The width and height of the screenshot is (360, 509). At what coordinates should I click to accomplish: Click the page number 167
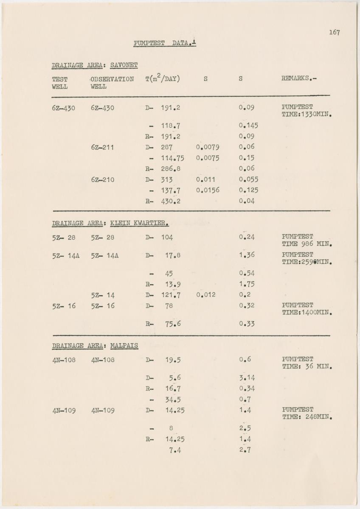tap(334, 32)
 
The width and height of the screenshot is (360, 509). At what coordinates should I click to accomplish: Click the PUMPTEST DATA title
tap(164, 43)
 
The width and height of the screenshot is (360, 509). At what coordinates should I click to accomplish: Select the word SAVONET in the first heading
tap(124, 65)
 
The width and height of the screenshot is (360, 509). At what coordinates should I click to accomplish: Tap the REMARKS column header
tap(299, 79)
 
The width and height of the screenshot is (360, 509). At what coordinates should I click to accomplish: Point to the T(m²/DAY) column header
tap(163, 79)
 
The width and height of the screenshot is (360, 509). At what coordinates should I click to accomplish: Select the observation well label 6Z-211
tap(102, 147)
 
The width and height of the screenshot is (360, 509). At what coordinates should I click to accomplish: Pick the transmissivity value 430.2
tap(171, 201)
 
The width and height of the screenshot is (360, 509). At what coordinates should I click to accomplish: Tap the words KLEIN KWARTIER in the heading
tap(139, 223)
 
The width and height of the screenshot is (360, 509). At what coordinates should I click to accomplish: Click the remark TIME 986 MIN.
tap(307, 244)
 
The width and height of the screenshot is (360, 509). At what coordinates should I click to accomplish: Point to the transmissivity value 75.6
tap(173, 324)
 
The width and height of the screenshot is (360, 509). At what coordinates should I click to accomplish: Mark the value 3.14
tap(247, 378)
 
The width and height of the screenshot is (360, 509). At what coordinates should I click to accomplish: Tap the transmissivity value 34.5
tap(173, 399)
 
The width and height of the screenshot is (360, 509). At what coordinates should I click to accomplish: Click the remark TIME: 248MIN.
tap(307, 417)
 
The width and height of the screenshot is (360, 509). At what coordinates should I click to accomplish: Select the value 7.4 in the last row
tap(175, 450)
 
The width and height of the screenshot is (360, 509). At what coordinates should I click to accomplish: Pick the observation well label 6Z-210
tap(102, 179)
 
